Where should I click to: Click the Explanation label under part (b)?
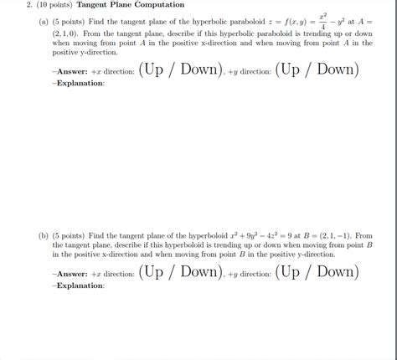pyautogui.click(x=79, y=286)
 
